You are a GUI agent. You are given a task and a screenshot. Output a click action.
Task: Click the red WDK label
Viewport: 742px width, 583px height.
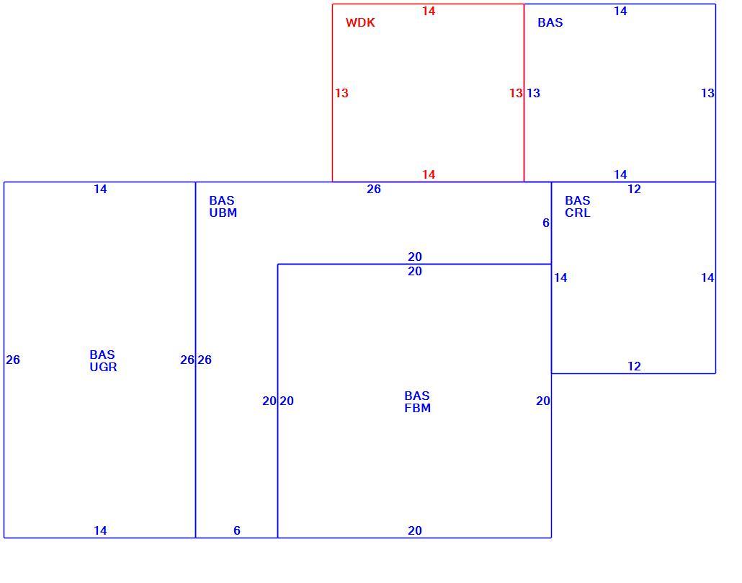pyautogui.click(x=360, y=23)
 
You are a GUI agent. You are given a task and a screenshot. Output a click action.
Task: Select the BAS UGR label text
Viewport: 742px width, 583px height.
pyautogui.click(x=103, y=361)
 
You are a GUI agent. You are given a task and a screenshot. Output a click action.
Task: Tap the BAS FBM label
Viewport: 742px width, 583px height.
pyautogui.click(x=417, y=402)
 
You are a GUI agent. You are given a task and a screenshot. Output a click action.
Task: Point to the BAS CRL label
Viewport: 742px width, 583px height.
pyautogui.click(x=577, y=207)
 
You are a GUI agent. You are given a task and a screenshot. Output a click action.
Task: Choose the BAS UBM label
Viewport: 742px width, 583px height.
pyautogui.click(x=223, y=207)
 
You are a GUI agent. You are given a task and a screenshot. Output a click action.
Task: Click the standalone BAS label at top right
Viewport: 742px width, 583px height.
pyautogui.click(x=550, y=23)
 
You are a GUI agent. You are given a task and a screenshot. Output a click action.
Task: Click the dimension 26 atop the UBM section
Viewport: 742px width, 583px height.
pyautogui.click(x=374, y=190)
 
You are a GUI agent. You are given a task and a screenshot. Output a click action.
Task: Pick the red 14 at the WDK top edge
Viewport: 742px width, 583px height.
pyautogui.click(x=429, y=11)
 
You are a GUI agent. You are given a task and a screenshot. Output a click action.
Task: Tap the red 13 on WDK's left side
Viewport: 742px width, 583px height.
pyautogui.click(x=341, y=93)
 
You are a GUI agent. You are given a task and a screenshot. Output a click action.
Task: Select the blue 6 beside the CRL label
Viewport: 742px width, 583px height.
pyautogui.click(x=545, y=223)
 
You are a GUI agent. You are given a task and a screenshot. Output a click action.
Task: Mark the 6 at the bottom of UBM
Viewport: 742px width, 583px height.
pyautogui.click(x=237, y=531)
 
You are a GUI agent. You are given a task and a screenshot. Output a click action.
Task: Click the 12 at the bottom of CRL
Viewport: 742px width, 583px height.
pyautogui.click(x=634, y=366)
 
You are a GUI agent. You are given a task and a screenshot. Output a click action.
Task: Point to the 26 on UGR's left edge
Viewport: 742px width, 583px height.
pyautogui.click(x=13, y=360)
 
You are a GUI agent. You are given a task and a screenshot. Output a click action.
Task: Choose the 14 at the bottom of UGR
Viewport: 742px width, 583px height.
pyautogui.click(x=100, y=531)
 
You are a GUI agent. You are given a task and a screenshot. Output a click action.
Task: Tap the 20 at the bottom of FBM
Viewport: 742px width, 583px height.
pyautogui.click(x=415, y=531)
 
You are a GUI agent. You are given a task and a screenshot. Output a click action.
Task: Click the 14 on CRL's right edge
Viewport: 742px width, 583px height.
pyautogui.click(x=707, y=277)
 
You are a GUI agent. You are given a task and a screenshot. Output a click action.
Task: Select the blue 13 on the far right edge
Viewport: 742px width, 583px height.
pyautogui.click(x=707, y=93)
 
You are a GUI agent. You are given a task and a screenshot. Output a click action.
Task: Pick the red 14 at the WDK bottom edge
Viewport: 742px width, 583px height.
pyautogui.click(x=429, y=174)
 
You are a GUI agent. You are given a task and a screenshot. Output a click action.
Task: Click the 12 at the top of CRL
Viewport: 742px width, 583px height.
pyautogui.click(x=634, y=190)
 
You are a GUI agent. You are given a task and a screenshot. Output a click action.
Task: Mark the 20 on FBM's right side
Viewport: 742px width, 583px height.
pyautogui.click(x=543, y=401)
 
